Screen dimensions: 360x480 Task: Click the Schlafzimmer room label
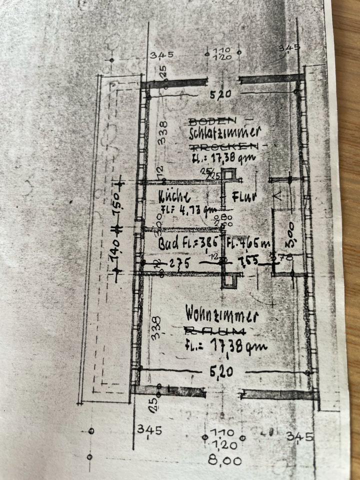(x=225, y=133)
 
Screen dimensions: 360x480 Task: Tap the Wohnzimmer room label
(x=221, y=316)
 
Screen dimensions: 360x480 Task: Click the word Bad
(x=167, y=244)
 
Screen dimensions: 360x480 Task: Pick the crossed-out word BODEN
(x=211, y=121)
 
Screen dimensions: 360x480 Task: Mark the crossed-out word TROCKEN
(x=224, y=146)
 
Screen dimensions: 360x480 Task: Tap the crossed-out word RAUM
(x=215, y=330)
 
